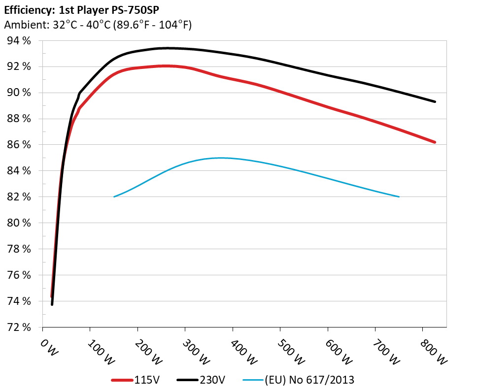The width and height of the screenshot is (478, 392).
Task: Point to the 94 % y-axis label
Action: coord(18,41)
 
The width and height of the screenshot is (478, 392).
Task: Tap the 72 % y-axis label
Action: coord(18,327)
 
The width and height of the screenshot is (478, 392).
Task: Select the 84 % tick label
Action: coord(18,171)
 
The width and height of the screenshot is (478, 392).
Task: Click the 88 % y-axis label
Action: coord(18,119)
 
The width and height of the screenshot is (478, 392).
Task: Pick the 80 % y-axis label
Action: coord(18,223)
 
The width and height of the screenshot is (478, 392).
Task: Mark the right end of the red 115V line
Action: coord(435,142)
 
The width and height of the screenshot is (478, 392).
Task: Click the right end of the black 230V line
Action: coord(435,101)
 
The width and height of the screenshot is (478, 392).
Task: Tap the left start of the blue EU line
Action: coord(114,196)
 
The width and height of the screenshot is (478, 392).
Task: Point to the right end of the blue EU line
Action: coord(399,196)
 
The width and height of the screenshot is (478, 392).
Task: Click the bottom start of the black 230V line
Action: coord(52,304)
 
